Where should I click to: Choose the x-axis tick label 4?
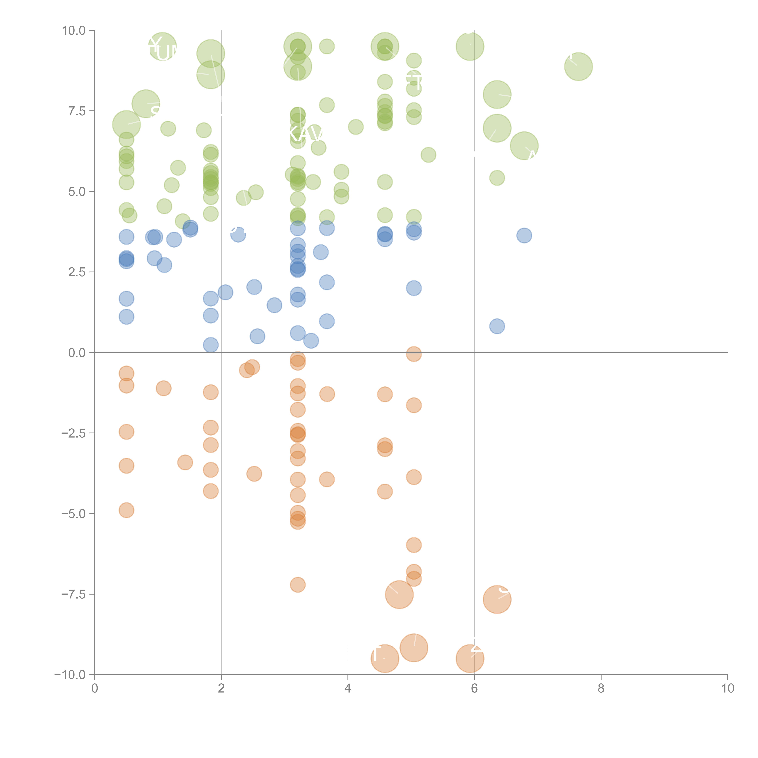(x=348, y=688)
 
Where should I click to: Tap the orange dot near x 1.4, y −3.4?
(x=185, y=462)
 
